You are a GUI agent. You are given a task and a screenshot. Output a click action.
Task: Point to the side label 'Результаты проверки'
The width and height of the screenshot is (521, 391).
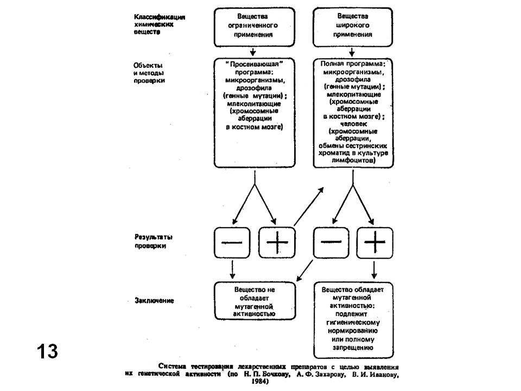[x=149, y=241]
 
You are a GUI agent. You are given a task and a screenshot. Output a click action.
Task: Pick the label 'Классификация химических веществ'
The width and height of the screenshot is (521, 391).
[x=160, y=24]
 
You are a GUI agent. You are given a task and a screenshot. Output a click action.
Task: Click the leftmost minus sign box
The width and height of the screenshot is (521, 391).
[x=233, y=242]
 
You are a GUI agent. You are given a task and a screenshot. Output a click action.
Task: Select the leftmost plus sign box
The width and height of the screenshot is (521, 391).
[x=276, y=242]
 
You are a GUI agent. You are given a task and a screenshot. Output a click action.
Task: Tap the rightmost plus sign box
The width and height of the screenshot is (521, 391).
[x=374, y=242]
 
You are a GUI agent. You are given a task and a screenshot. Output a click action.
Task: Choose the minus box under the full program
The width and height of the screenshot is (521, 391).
[x=331, y=242]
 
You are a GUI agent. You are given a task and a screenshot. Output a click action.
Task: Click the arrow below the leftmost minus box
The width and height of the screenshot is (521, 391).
[x=233, y=269]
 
